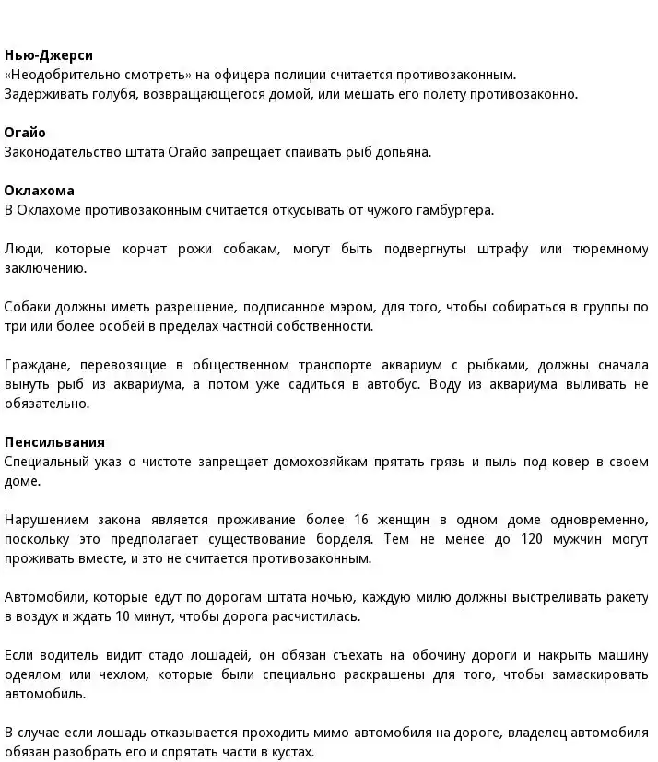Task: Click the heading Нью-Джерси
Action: coord(49,55)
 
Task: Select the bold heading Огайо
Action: coord(25,133)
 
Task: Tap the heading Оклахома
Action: coord(40,191)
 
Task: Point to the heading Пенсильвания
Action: coord(54,441)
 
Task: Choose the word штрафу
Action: coord(503,249)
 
